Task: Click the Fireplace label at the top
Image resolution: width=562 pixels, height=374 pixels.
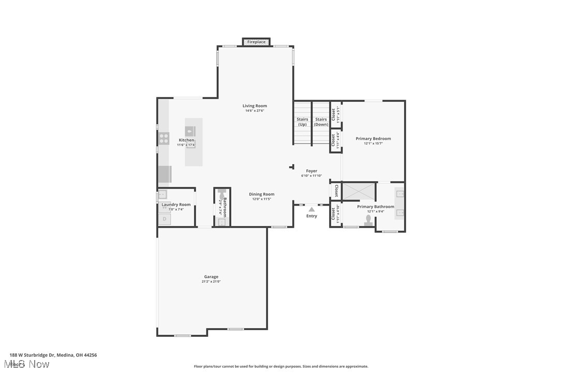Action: [x=256, y=42]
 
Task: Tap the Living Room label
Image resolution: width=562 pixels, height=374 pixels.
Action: [x=255, y=106]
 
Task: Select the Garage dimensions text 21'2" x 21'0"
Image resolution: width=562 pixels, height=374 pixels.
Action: [x=211, y=282]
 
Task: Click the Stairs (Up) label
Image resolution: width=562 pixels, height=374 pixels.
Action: [x=302, y=122]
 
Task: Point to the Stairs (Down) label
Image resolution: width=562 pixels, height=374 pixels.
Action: [x=321, y=122]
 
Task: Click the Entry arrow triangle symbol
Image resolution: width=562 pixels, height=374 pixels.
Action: [x=311, y=209]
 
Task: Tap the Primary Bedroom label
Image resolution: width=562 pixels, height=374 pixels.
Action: [x=373, y=138]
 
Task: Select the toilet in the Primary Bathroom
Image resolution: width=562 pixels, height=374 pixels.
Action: [x=368, y=221]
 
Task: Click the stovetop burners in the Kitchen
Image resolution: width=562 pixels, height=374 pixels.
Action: [x=164, y=138]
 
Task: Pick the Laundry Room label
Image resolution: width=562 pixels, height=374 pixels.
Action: [x=176, y=205]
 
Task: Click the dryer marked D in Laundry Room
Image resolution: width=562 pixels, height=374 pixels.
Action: [x=165, y=219]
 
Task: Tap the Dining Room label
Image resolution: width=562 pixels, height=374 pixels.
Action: [x=261, y=194]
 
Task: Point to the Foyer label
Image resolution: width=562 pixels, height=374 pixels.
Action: [x=312, y=171]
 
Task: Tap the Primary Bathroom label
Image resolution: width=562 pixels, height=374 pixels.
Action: [x=375, y=207]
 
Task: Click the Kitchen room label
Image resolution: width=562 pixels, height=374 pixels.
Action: [x=186, y=140]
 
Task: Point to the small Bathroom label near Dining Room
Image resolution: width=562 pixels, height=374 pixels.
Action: [x=225, y=207]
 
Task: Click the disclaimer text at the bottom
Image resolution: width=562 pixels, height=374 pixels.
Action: [x=281, y=366]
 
